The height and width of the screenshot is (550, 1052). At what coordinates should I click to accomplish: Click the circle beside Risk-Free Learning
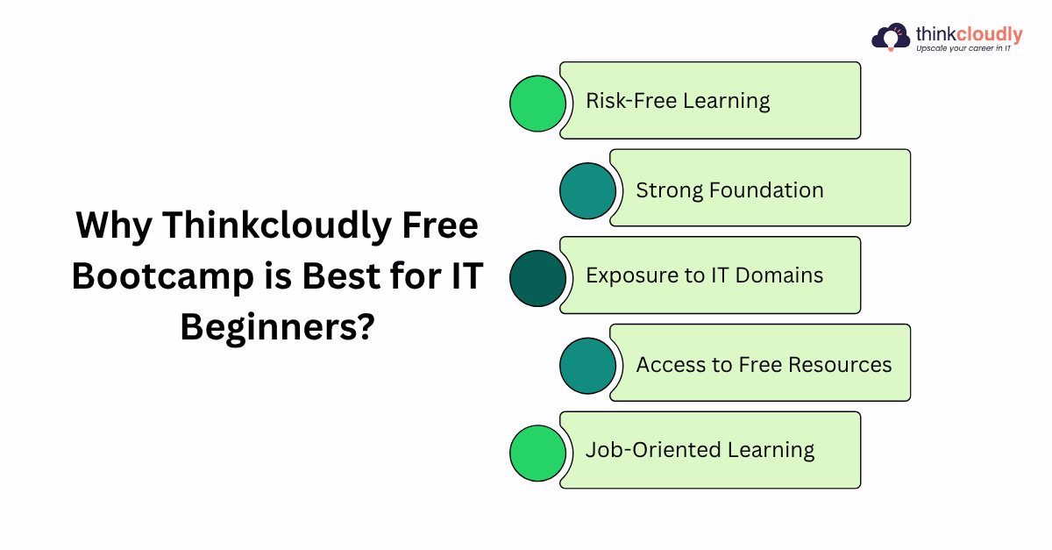pyautogui.click(x=537, y=104)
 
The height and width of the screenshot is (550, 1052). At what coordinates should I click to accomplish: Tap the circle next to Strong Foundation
pyautogui.click(x=587, y=191)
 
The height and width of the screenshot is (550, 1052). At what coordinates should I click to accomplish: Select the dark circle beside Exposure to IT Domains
pyautogui.click(x=537, y=278)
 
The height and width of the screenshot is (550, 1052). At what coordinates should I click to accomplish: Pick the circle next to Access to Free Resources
pyautogui.click(x=587, y=366)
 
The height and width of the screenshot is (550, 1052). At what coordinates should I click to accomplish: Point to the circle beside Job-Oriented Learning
pyautogui.click(x=537, y=454)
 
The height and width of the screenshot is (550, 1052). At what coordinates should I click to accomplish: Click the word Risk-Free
pyautogui.click(x=630, y=101)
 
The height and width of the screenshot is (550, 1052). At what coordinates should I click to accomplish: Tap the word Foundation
pyautogui.click(x=766, y=190)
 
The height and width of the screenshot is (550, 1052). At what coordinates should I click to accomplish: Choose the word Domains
pyautogui.click(x=779, y=275)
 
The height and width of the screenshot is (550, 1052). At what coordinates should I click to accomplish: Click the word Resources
pyautogui.click(x=840, y=364)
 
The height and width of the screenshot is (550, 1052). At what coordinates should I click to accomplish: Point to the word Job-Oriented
pyautogui.click(x=653, y=449)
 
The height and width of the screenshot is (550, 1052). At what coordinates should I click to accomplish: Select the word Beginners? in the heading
pyautogui.click(x=278, y=327)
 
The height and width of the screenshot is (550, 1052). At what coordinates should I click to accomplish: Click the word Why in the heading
pyautogui.click(x=114, y=226)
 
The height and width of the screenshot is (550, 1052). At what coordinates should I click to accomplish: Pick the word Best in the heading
pyautogui.click(x=341, y=275)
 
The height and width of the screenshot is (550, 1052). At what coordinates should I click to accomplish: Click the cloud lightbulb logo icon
pyautogui.click(x=891, y=37)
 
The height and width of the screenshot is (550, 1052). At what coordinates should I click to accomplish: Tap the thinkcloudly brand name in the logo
pyautogui.click(x=969, y=34)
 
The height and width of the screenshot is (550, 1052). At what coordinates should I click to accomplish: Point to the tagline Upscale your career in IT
pyautogui.click(x=963, y=48)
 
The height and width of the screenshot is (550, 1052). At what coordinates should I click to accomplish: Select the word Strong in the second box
pyautogui.click(x=669, y=191)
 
